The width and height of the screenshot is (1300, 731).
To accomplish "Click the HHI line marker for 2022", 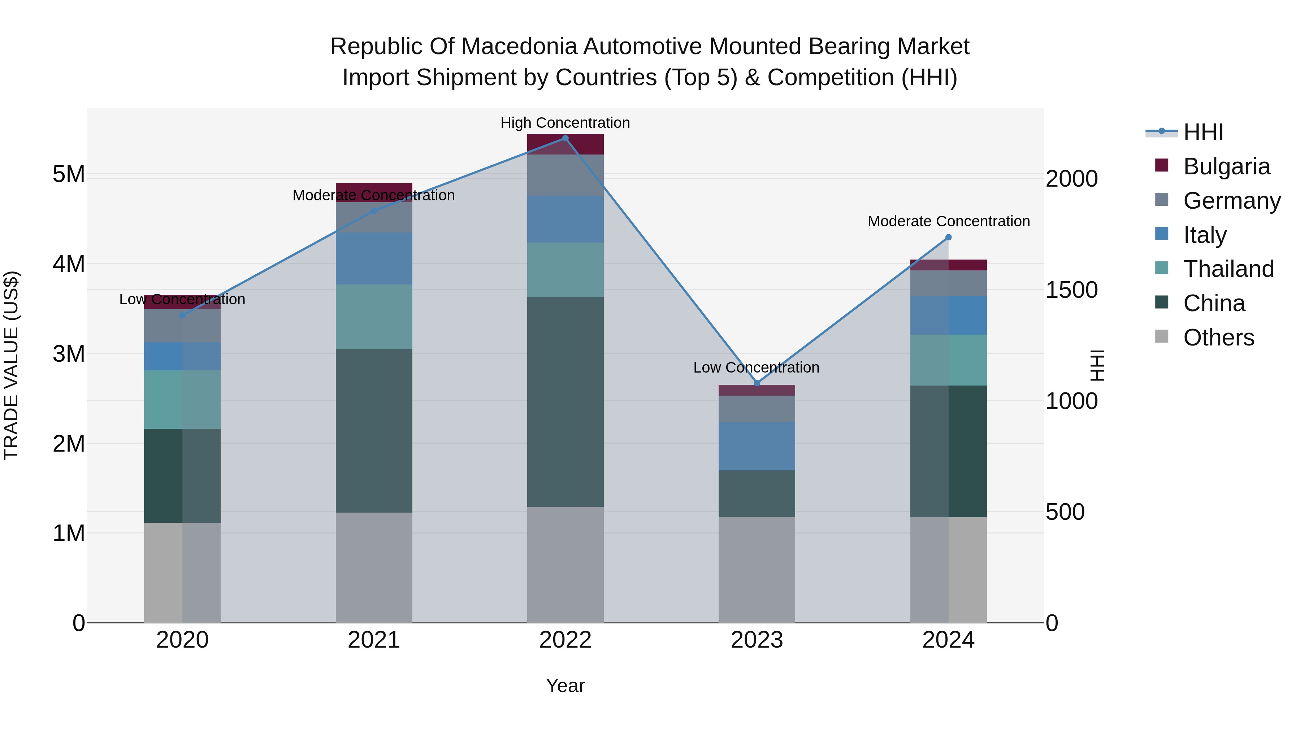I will coord(565,138).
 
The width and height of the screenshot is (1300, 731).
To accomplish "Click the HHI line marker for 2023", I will coord(757,383).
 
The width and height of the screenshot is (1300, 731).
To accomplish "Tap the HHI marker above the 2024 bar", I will coord(948,237).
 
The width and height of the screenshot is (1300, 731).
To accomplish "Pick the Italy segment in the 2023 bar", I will coord(757,446).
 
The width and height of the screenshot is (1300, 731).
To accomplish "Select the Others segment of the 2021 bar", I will coord(374,567).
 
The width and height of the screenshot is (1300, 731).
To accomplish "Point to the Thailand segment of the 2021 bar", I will coord(374,317).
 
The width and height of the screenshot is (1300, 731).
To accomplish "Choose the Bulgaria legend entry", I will coord(1226,166).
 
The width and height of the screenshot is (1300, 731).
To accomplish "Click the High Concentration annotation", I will coord(565,123).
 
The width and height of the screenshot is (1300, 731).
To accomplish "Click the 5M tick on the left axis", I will coord(69,175).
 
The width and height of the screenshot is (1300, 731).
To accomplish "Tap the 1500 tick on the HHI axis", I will coord(1071,290).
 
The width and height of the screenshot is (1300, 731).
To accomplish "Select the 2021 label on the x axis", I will coord(374,640).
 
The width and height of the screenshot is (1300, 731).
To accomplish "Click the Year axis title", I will coord(565,686).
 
